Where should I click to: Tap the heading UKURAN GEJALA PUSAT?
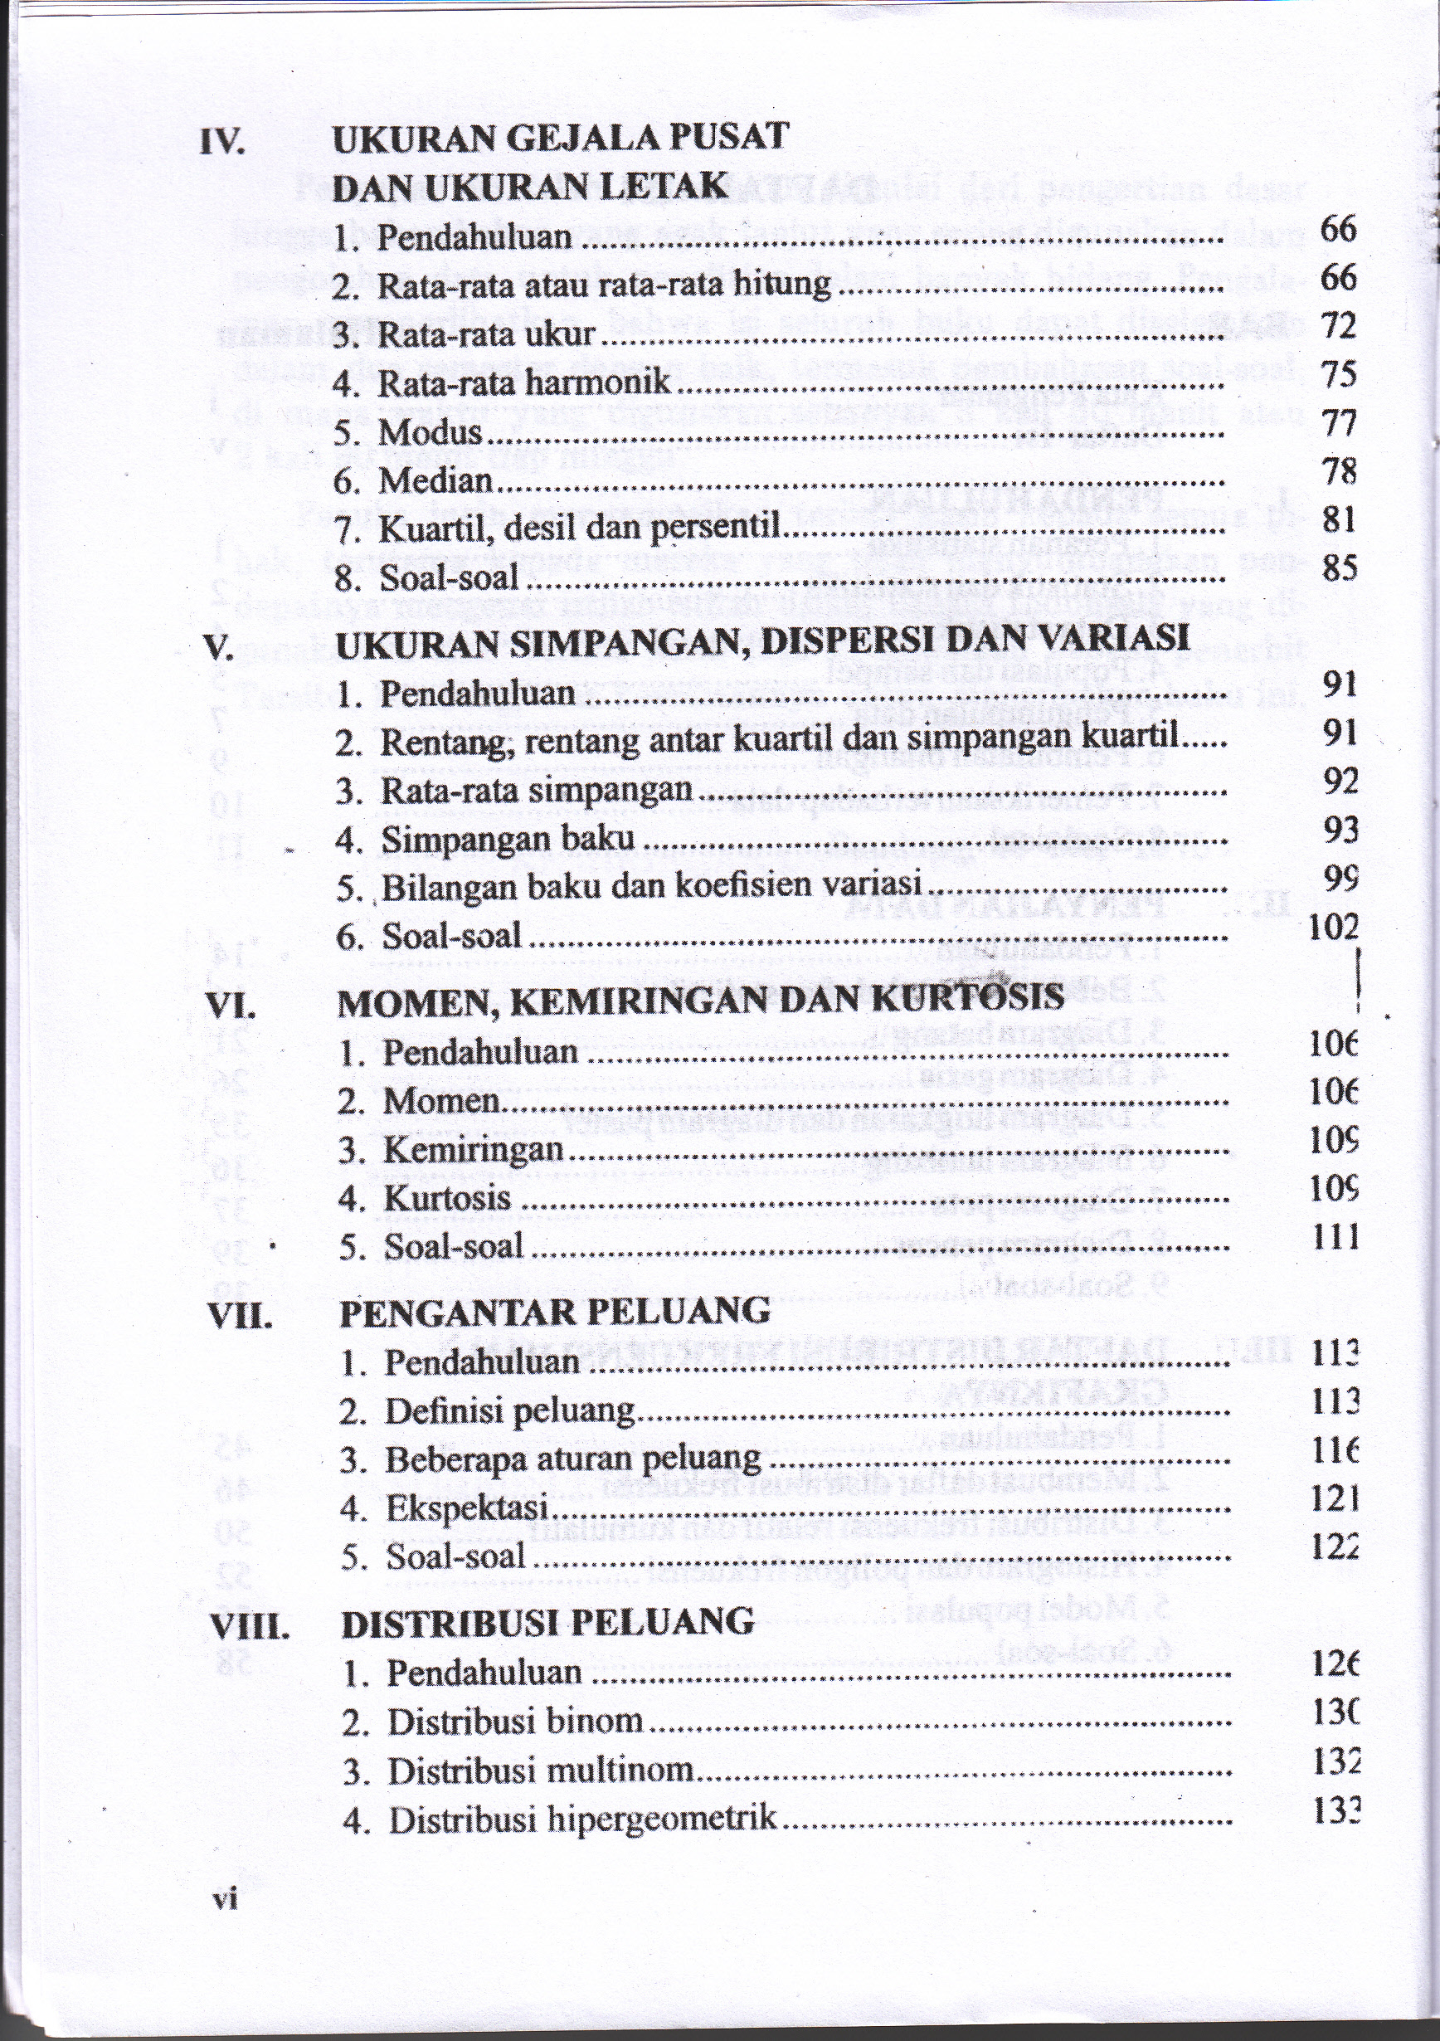tap(560, 138)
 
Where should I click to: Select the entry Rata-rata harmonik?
tap(524, 383)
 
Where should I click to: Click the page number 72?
tap(1339, 327)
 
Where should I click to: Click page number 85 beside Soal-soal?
tap(1339, 566)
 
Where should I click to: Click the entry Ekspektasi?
tap(467, 1508)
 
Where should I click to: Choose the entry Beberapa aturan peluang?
tap(573, 1459)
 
